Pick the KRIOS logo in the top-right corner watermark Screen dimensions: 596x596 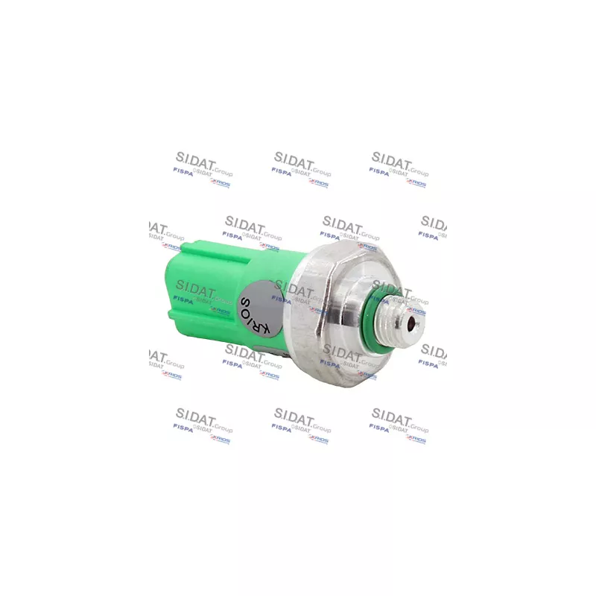point(416,182)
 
